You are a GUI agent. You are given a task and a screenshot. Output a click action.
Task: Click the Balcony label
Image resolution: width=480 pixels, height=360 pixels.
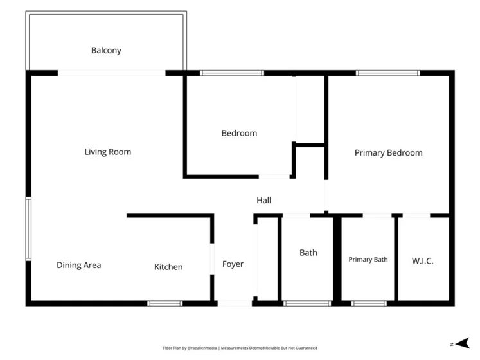pos(106,51)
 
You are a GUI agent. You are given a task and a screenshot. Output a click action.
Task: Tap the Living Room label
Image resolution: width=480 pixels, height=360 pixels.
pos(108,152)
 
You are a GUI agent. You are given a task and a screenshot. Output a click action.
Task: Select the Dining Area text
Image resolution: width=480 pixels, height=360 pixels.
pos(79,265)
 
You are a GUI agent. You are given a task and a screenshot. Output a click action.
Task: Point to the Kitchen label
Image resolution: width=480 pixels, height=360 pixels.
pos(168,267)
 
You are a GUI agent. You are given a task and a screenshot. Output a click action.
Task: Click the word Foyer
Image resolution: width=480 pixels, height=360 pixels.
pos(233,264)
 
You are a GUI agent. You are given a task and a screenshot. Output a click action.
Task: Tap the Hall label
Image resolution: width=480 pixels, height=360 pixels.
pos(264,201)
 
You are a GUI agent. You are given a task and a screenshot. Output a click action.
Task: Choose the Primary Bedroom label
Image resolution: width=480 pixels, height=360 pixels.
pos(389,153)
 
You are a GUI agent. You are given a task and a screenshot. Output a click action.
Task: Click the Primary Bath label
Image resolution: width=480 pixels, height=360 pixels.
pos(368,260)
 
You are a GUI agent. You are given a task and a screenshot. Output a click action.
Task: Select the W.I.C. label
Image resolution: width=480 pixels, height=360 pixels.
pos(422,261)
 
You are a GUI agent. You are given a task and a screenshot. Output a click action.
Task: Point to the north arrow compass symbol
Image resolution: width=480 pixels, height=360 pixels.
pos(462,343)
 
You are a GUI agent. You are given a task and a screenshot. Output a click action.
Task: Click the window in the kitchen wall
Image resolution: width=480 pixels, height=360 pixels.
pos(164,303)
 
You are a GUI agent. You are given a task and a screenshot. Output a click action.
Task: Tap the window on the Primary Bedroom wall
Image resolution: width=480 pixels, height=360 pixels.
pos(388,73)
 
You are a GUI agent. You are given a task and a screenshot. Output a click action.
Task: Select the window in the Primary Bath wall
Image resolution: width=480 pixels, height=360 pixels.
pos(369,303)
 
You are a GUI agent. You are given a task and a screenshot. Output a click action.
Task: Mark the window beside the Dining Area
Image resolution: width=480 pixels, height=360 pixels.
pos(28,229)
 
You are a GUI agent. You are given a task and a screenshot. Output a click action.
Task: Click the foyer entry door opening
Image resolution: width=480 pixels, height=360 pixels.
pos(235,303)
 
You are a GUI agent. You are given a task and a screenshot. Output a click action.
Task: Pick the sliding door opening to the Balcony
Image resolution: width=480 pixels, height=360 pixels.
pos(112,73)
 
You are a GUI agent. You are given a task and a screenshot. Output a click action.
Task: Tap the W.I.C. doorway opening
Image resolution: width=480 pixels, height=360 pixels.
pos(416,216)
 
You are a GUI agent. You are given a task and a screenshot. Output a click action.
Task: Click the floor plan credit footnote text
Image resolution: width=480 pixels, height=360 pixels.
pos(240,348)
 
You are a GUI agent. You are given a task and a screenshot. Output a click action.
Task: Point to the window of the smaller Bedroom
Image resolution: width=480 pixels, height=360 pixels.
pos(232,73)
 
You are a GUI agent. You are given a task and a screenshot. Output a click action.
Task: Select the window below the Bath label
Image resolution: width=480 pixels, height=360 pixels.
pos(307,303)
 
